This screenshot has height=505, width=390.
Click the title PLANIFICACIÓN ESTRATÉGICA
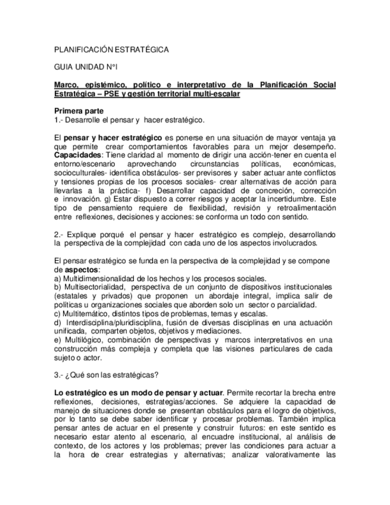tap(111, 50)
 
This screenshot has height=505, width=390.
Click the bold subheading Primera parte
tap(79, 111)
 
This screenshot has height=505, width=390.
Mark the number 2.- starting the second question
tap(58, 234)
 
